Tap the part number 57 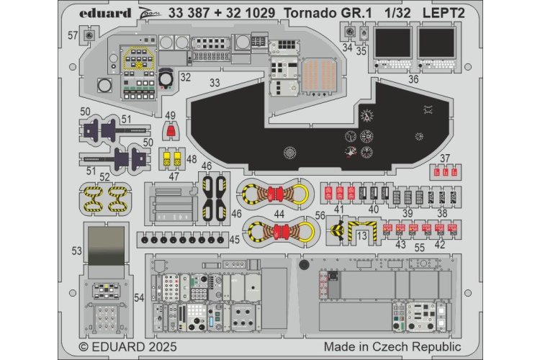click(x=73, y=35)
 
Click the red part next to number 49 click(x=170, y=131)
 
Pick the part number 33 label click(x=215, y=83)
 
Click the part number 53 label click(x=77, y=250)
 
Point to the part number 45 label click(x=235, y=239)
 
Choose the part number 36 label click(x=413, y=80)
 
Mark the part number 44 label click(x=279, y=213)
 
